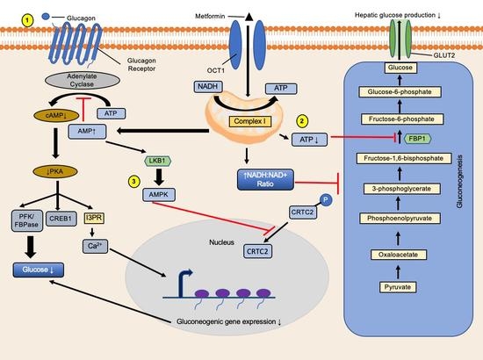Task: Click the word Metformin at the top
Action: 221,13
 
